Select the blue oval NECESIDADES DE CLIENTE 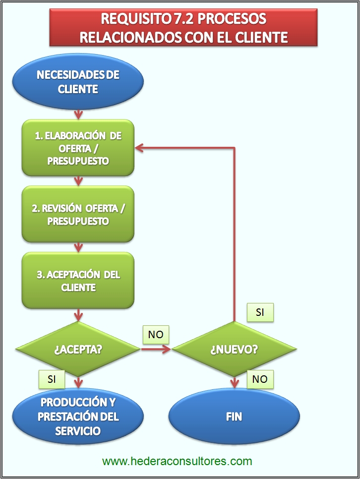(x=78, y=82)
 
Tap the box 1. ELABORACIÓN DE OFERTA (x=78, y=148)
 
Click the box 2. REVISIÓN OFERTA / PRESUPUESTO (x=78, y=214)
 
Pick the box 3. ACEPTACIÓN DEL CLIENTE (x=78, y=281)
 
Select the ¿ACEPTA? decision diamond (x=78, y=349)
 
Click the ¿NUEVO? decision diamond (x=234, y=349)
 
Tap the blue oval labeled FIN (x=234, y=416)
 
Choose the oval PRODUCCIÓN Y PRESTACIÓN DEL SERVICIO (x=78, y=416)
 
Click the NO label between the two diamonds (x=156, y=335)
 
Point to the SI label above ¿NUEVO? (x=260, y=312)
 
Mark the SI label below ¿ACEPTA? (x=52, y=379)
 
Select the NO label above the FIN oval (x=260, y=379)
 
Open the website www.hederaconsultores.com (x=177, y=461)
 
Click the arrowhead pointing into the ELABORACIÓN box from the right (x=140, y=147)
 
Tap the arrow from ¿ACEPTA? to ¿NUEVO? (x=156, y=349)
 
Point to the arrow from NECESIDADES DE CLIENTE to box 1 (x=78, y=114)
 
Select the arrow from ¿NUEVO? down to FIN (x=234, y=382)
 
